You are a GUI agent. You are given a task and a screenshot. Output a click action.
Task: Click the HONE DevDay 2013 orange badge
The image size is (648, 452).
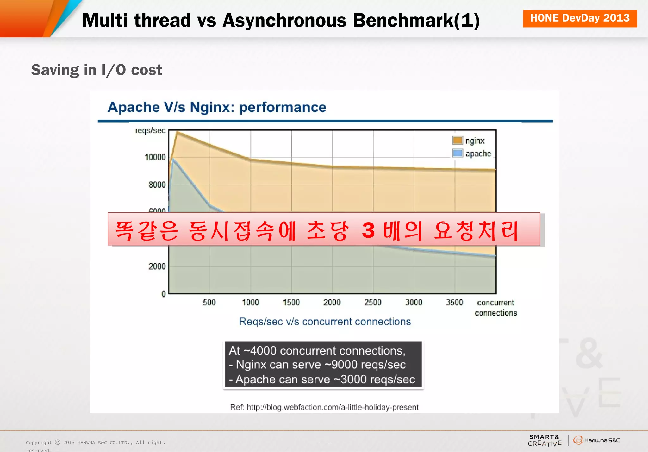coord(580,18)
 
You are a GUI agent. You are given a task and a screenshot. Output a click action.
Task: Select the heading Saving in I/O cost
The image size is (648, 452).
coord(97,70)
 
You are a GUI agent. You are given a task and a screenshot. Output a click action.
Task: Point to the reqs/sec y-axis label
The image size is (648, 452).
coord(150,130)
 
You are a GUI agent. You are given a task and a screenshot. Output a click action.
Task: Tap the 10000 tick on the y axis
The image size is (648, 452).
coord(155,157)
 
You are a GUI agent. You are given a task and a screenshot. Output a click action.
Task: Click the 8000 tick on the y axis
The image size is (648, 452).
coord(157,185)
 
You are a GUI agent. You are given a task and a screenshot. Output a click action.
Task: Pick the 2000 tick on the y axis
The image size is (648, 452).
coord(157,266)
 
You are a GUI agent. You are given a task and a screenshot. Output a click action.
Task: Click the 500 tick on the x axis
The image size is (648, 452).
coord(209,302)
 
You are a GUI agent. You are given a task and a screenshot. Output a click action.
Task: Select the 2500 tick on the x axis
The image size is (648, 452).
coord(373,302)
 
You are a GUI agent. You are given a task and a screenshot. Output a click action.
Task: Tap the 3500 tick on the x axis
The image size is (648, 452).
coord(454,302)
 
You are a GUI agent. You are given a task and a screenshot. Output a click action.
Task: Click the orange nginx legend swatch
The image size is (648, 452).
coord(458,140)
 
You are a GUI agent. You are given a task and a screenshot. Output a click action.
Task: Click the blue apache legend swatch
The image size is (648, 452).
coord(458,153)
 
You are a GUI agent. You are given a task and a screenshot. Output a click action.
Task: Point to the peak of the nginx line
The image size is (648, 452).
coord(177,132)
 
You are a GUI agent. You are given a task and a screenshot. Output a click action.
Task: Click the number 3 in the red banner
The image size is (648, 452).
coord(368,230)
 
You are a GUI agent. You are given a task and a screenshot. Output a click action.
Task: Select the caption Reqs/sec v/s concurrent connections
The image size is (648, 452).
coord(325,322)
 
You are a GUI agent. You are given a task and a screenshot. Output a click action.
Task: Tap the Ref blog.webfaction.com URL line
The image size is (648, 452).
coord(324,407)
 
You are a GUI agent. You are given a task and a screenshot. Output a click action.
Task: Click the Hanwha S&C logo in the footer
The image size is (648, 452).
coord(596,440)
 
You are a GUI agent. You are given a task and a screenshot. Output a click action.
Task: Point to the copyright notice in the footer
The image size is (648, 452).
coord(95,443)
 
